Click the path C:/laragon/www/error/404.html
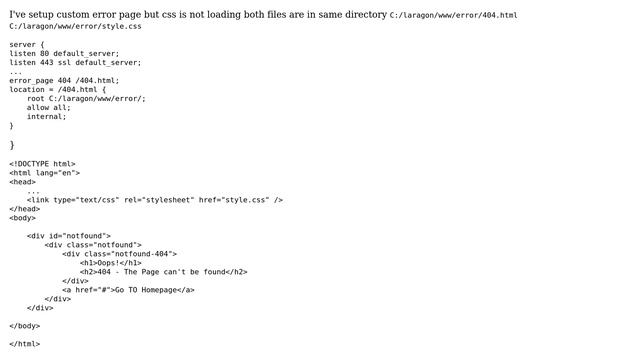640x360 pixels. [x=453, y=16]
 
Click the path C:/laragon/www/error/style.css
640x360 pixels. [x=75, y=27]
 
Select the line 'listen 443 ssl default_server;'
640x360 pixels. [x=75, y=63]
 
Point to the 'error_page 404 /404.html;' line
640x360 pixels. [x=64, y=81]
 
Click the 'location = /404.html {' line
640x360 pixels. [x=57, y=90]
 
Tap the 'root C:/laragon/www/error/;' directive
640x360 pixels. [x=86, y=99]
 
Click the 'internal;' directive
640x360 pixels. [x=46, y=117]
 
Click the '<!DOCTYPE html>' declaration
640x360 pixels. [x=42, y=164]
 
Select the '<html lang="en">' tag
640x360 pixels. [x=44, y=173]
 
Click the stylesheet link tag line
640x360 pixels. [x=155, y=200]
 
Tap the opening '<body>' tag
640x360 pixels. [x=23, y=218]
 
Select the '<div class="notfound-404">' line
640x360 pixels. [x=119, y=254]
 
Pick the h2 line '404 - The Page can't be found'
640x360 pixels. [x=163, y=272]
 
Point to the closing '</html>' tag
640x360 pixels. [x=25, y=344]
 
